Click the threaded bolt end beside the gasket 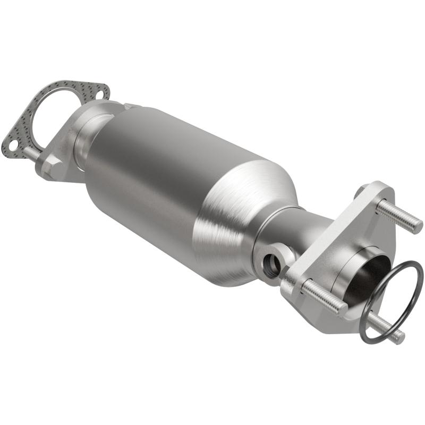point(30,152)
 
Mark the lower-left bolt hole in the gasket point(10,142)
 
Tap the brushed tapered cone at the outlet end point(239,212)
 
